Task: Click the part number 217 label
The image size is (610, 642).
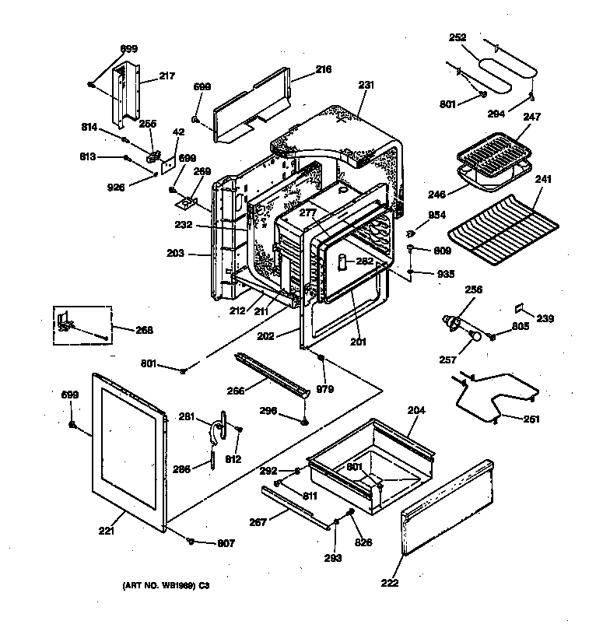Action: point(167,75)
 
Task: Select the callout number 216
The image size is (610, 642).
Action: point(323,69)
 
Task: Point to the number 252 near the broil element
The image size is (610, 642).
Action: point(458,37)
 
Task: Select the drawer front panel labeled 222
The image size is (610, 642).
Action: point(447,510)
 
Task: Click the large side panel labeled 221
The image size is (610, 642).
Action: point(128,451)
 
